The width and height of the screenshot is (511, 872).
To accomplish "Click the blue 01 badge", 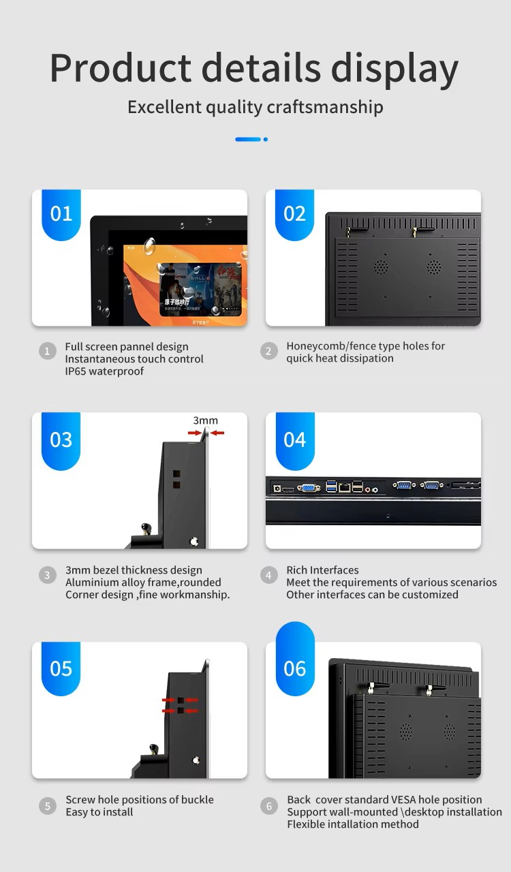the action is point(61,214).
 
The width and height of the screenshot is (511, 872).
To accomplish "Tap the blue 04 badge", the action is point(295,440).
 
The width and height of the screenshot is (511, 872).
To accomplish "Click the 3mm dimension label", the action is point(205,420).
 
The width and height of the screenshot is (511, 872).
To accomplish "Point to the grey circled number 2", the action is point(268,351).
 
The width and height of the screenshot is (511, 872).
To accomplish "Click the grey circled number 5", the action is point(48,806).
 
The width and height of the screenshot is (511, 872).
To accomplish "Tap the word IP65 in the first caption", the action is point(76,371).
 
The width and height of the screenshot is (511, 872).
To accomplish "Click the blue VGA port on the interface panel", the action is point(309,488).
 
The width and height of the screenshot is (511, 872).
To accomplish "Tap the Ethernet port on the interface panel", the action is point(345,487).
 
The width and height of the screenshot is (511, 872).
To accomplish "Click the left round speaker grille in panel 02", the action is point(381,266).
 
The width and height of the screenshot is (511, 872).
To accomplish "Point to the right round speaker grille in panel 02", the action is point(433,266).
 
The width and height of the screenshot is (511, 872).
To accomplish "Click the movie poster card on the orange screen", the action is point(200,289).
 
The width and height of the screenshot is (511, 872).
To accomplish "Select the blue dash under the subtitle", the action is point(248,140).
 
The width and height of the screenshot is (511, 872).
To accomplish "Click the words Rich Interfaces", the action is point(322,570).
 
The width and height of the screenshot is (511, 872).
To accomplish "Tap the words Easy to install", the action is point(99,812).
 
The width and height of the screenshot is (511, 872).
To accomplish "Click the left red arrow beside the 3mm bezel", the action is point(194,433).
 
